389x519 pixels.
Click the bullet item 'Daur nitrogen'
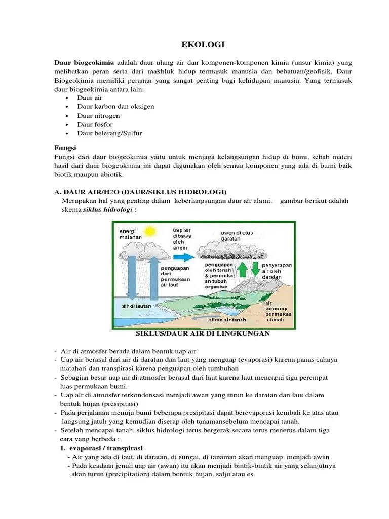click(x=98, y=116)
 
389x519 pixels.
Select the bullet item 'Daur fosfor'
click(x=95, y=124)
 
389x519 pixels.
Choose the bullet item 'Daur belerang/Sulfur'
click(x=109, y=133)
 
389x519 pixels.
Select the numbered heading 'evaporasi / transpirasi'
click(x=106, y=448)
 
